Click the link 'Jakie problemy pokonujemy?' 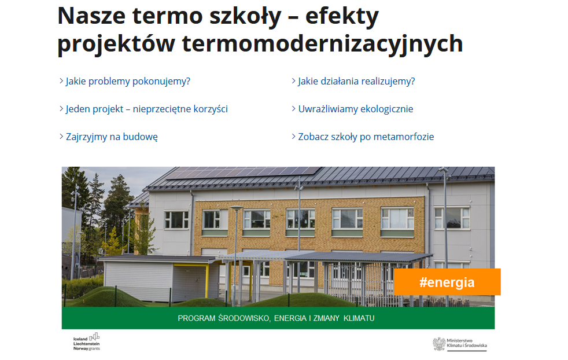[x=128, y=81]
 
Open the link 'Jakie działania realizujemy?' [x=356, y=81]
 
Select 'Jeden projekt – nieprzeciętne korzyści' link [x=147, y=109]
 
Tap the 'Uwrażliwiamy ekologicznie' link [x=355, y=109]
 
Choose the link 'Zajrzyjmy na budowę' [x=112, y=137]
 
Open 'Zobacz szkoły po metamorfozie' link [x=366, y=137]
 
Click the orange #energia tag [x=447, y=282]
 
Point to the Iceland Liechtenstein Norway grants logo [x=87, y=342]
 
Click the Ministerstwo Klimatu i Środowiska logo [x=460, y=344]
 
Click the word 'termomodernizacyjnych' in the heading [x=322, y=44]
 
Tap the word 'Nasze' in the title [x=91, y=16]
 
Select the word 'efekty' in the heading [x=342, y=17]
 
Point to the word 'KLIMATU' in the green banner [x=359, y=318]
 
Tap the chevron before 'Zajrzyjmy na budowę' [x=61, y=137]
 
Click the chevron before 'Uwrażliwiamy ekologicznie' [x=294, y=109]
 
